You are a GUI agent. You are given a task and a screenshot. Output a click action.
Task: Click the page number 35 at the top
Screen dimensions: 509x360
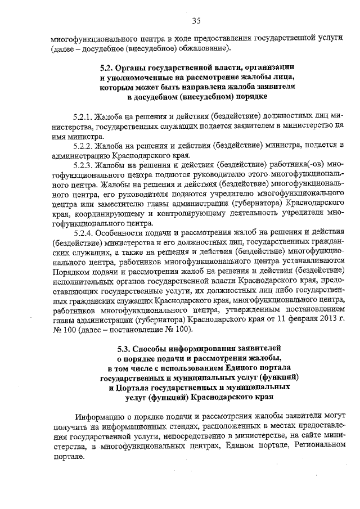coord(196,21)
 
